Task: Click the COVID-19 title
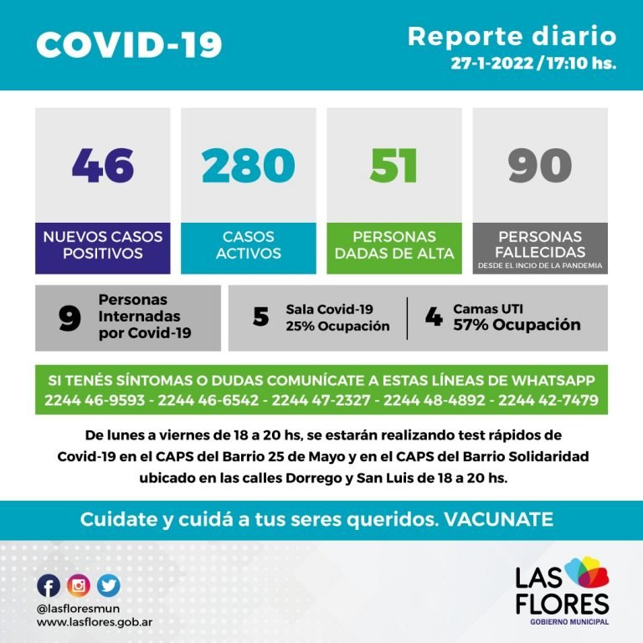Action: tap(129, 45)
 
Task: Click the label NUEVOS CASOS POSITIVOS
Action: tap(102, 244)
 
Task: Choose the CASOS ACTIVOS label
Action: tap(248, 244)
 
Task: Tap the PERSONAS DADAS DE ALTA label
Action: tap(394, 244)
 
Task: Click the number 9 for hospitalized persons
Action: tap(69, 318)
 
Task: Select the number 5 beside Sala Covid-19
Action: tap(260, 317)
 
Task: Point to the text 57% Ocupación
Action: tap(517, 325)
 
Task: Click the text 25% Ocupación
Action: tap(337, 327)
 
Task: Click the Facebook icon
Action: tap(49, 585)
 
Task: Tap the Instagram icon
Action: tap(79, 585)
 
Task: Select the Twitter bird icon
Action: tap(108, 585)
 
